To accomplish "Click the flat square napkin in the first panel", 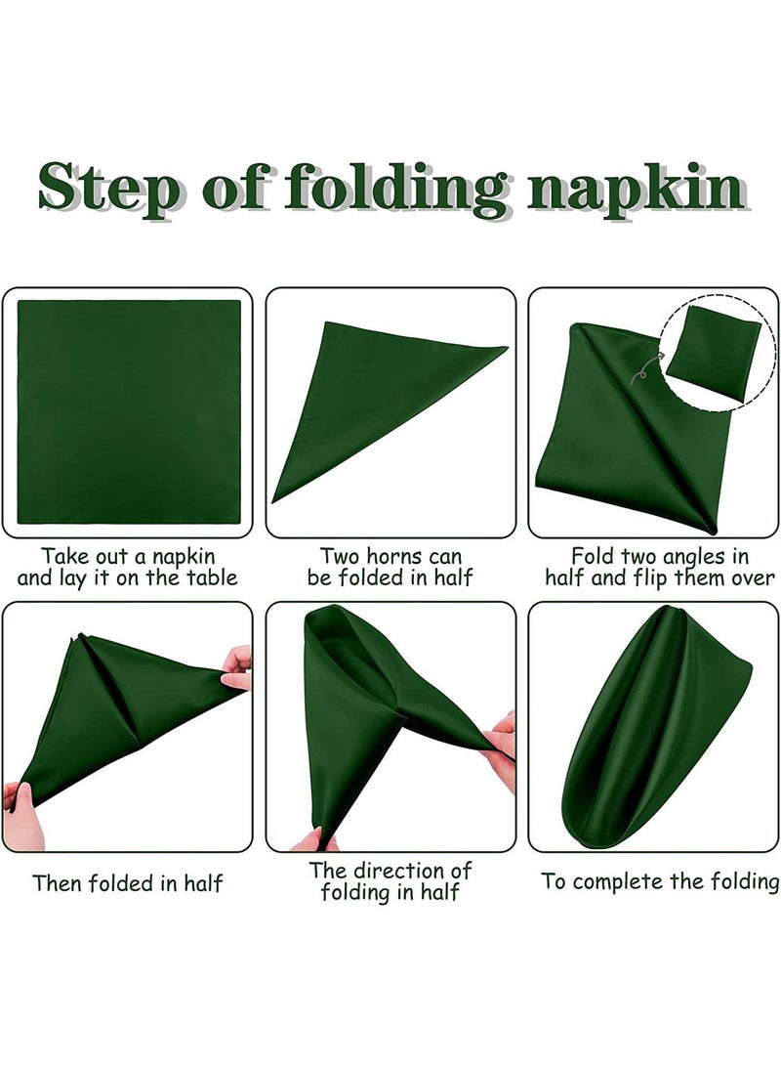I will [x=128, y=411].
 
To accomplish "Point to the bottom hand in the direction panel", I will [x=314, y=839].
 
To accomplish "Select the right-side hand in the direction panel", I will [x=502, y=747].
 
